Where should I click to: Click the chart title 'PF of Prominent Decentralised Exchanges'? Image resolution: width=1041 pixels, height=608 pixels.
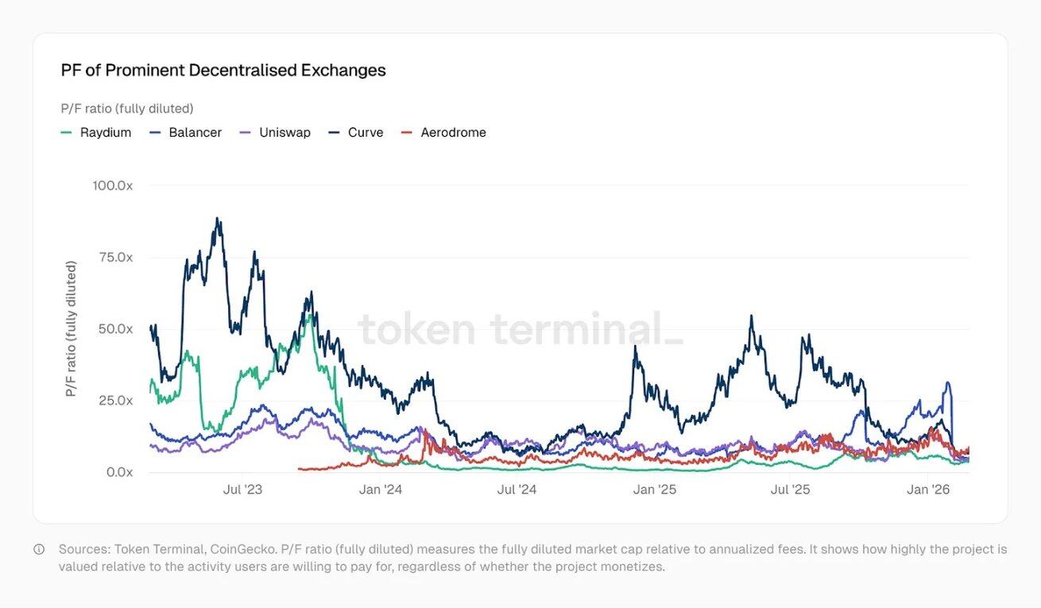(223, 70)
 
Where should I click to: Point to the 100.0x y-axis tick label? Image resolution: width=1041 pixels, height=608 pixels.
(112, 185)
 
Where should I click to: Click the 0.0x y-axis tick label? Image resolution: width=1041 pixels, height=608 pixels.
(118, 472)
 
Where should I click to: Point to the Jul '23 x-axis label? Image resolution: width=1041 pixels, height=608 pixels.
(242, 490)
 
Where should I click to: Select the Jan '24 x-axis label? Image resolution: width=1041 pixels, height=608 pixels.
(381, 490)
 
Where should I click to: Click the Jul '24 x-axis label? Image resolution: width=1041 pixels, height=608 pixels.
(517, 490)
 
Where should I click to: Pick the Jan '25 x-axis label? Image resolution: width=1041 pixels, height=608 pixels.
(654, 490)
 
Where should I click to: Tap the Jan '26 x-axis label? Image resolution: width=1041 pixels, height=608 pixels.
(928, 490)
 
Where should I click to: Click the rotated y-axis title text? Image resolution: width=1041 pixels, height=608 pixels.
(72, 328)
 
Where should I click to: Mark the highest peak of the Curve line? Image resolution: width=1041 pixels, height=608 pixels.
(218, 219)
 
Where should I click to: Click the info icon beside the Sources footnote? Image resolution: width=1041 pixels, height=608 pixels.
(39, 549)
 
